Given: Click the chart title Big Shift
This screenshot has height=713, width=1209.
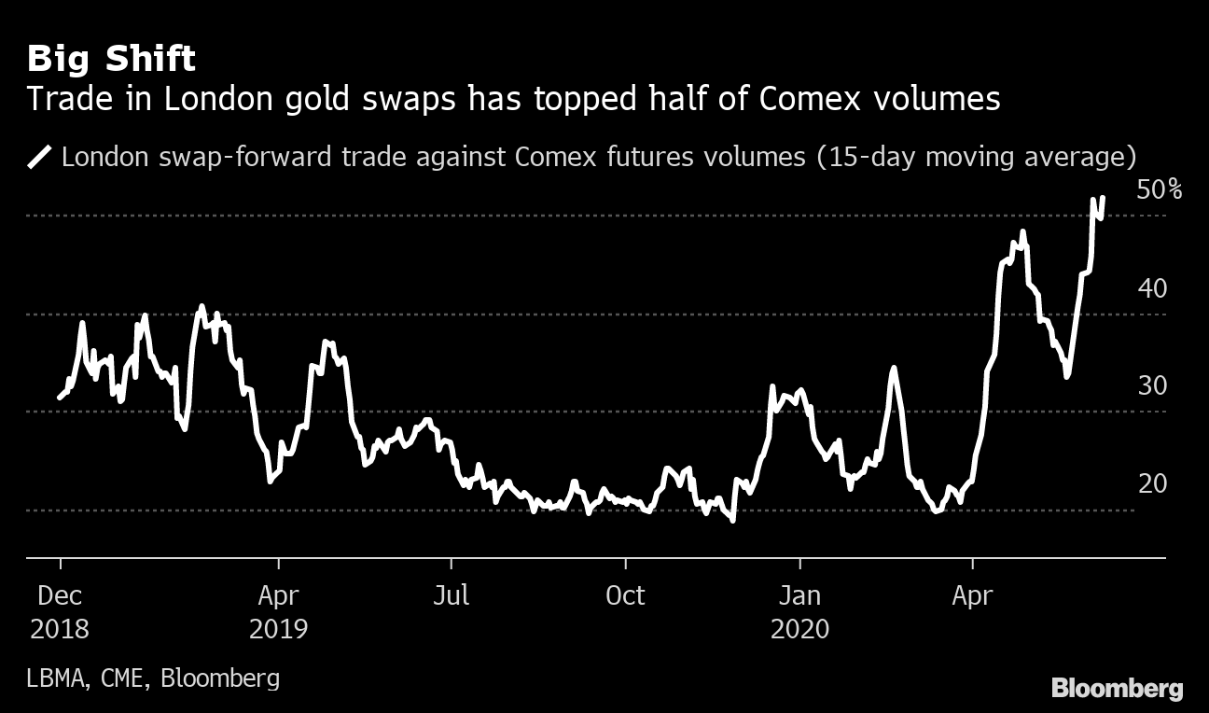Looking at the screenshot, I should [x=111, y=60].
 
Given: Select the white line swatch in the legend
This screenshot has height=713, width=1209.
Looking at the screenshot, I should [x=40, y=156].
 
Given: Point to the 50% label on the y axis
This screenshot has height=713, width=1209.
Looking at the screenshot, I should [x=1160, y=190].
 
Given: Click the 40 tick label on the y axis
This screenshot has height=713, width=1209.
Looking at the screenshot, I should [x=1152, y=288].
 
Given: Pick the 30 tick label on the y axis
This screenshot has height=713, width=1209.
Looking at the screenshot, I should [x=1152, y=386].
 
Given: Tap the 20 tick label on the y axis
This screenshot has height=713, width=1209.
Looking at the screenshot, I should [x=1152, y=484].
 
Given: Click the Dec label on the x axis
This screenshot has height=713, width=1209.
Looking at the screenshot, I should [x=60, y=595].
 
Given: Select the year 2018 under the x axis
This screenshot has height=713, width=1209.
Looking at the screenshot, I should [x=60, y=629].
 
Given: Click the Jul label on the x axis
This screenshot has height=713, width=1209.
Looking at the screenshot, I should [x=451, y=595].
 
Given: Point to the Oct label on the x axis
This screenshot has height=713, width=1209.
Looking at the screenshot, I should [x=625, y=595].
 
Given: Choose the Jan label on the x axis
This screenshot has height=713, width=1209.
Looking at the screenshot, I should [x=799, y=595].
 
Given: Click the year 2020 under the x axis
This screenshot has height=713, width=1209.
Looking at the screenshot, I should [x=799, y=629].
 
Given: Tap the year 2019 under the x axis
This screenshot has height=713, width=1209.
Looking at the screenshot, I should [x=278, y=629].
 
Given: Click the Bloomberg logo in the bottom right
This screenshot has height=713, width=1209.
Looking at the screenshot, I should [x=1117, y=689].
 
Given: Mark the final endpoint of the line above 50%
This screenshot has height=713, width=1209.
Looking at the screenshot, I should [x=1104, y=198].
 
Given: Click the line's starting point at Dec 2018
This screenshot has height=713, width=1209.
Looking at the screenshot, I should [x=60, y=398].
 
